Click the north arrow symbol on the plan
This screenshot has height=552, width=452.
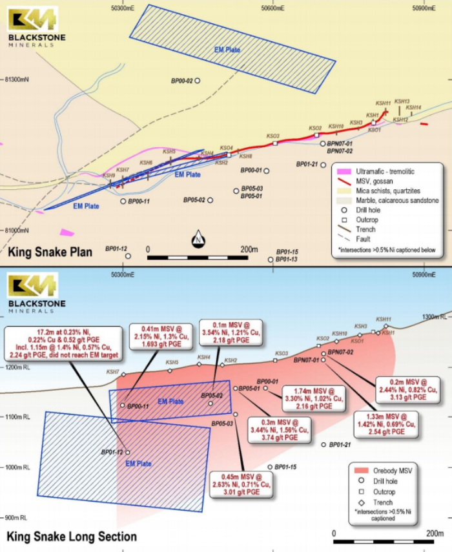click(x=198, y=240)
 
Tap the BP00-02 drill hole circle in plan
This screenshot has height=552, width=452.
click(x=198, y=81)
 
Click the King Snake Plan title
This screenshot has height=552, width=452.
click(x=49, y=251)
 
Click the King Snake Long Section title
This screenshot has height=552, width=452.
click(x=72, y=537)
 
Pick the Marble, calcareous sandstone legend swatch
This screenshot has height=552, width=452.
click(x=342, y=200)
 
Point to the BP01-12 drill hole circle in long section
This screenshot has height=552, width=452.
click(x=128, y=453)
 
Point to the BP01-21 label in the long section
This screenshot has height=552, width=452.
click(x=340, y=445)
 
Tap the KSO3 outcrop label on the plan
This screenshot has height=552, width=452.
click(x=273, y=136)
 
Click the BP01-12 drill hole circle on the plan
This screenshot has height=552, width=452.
click(x=128, y=256)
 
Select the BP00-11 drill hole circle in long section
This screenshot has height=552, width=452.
click(x=123, y=405)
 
